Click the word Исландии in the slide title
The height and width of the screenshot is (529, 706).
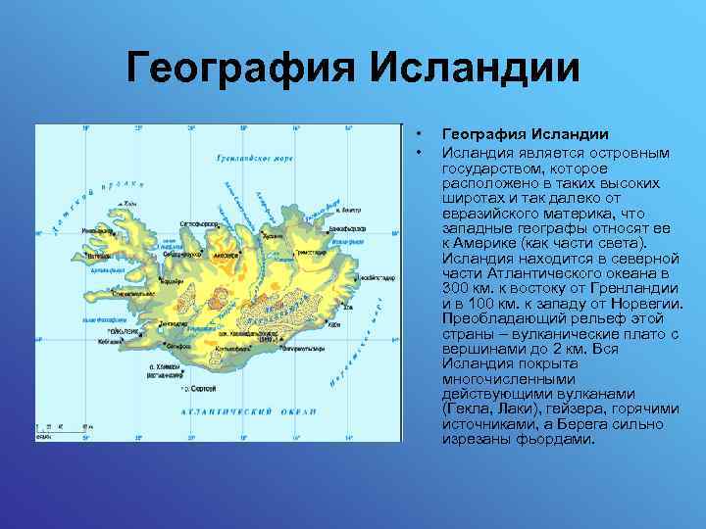[x=475, y=69]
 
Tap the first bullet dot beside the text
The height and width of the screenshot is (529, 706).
[x=419, y=134]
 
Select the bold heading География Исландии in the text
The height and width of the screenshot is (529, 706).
[x=526, y=134]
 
